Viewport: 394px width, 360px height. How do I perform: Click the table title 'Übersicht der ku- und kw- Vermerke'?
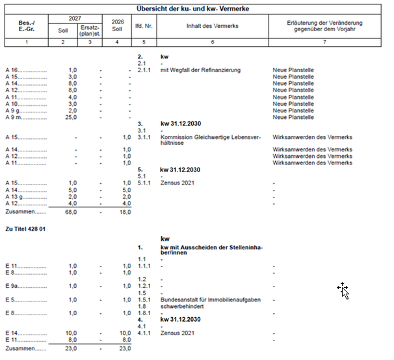[193, 8]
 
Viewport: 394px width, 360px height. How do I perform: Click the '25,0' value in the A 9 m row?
[71, 118]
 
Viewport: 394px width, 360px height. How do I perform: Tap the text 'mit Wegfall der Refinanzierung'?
[200, 70]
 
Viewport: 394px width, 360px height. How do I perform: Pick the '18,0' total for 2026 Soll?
[124, 212]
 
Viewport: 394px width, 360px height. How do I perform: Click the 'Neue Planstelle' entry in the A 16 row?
[293, 70]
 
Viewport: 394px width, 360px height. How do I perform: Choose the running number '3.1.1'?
[144, 138]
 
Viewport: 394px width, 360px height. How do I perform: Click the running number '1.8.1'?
[144, 313]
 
